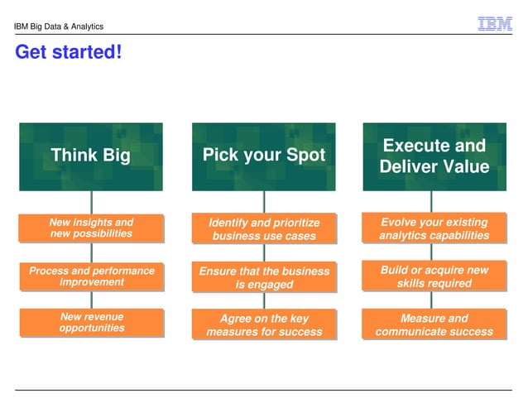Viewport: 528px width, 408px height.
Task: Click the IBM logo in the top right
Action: point(495,25)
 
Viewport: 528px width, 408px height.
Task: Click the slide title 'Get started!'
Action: point(69,53)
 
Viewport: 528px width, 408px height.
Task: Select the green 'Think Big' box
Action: point(91,156)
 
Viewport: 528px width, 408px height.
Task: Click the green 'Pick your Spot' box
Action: point(264,156)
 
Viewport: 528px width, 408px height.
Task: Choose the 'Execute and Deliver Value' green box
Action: point(434,156)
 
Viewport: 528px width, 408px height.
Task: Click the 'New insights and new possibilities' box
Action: point(91,228)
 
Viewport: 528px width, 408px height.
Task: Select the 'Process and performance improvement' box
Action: point(91,276)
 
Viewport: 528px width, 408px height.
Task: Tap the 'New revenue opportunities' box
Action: point(91,323)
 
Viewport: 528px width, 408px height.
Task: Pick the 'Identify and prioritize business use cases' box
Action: point(264,229)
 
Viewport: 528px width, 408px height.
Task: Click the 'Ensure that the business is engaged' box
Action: point(264,277)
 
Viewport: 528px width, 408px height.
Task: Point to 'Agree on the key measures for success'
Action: point(264,325)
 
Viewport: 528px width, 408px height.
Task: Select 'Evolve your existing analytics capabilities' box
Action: point(434,229)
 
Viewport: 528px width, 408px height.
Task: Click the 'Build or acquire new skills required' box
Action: point(434,277)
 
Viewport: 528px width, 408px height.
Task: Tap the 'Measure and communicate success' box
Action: point(434,325)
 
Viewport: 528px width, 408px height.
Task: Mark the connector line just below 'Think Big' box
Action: point(91,202)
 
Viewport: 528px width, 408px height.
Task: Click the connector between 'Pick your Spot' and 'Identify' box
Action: point(264,202)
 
